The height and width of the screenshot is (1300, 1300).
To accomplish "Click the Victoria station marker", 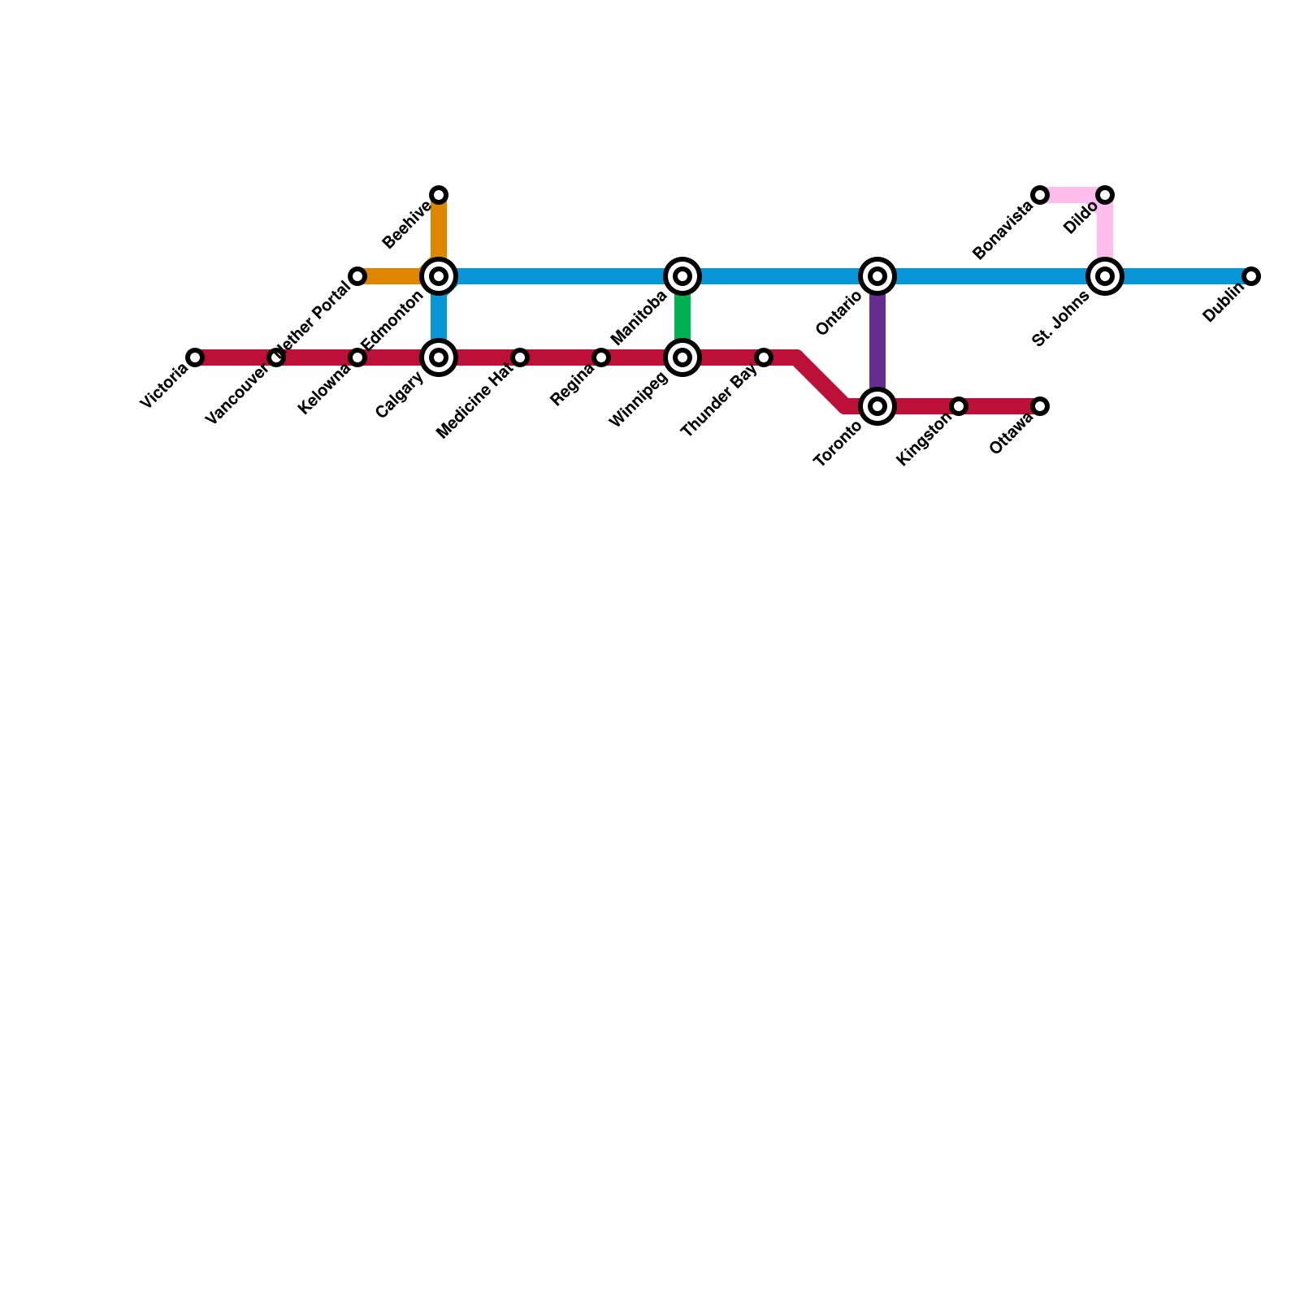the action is click(195, 357).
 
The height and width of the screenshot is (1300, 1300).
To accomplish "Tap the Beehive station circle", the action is click(439, 195).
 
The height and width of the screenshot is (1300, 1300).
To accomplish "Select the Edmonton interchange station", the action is click(439, 276).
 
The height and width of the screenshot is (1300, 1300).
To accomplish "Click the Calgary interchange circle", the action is click(439, 357).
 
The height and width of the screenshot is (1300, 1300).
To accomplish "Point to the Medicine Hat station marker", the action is click(520, 357).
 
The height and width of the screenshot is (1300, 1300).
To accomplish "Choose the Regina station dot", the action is click(601, 357).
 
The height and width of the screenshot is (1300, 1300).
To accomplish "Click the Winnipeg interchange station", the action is click(682, 357).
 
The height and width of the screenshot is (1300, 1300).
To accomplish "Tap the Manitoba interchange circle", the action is click(682, 276).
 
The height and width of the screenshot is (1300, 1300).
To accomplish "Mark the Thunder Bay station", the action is click(764, 357).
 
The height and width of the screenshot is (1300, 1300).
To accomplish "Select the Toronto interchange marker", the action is click(877, 406).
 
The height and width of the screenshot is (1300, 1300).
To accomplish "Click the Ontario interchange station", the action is click(877, 276).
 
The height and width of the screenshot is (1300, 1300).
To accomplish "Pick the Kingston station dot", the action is click(959, 406).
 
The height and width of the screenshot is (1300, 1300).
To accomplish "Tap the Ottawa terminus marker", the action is click(1040, 406).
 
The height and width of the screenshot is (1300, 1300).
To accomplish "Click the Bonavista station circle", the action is click(1040, 195).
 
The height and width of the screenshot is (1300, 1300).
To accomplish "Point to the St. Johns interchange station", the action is click(1105, 276).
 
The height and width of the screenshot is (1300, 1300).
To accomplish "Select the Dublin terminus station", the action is click(1251, 276).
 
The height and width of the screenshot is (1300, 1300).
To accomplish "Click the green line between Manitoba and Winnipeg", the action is click(682, 317).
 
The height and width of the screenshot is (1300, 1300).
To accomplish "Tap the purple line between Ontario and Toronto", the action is click(877, 341).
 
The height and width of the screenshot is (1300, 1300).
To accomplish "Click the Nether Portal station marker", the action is click(357, 276).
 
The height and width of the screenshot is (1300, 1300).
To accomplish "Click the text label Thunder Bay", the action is click(720, 401).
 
